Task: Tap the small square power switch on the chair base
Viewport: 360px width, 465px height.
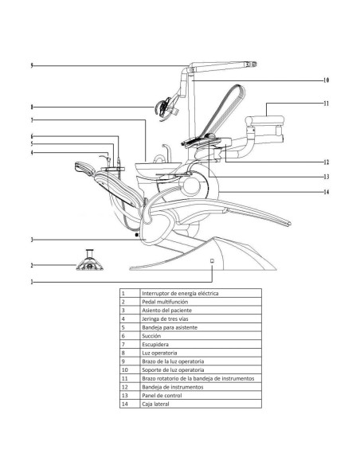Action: point(212,260)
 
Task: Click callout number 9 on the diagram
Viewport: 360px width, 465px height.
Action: point(32,65)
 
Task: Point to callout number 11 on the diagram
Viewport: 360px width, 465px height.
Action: point(326,104)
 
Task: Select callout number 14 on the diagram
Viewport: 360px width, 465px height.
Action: point(326,192)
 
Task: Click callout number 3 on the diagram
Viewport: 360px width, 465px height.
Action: point(32,240)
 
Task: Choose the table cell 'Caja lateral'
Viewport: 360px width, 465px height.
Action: point(158,404)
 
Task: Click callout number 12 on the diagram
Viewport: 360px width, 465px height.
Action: point(326,162)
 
